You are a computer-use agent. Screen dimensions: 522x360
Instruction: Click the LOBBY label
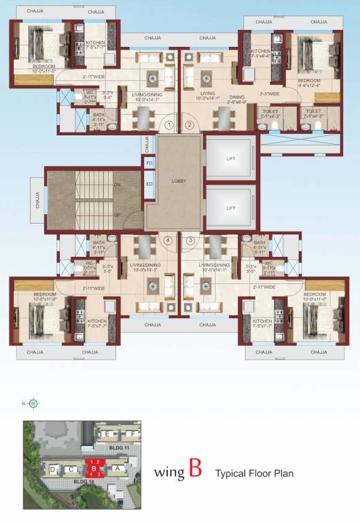(x=179, y=181)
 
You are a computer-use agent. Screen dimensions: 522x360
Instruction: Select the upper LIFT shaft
(x=230, y=158)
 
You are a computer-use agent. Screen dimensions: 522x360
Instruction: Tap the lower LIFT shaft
(x=230, y=208)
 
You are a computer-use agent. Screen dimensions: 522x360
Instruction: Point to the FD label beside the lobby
(x=149, y=164)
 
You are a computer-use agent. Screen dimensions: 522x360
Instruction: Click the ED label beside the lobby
(x=149, y=183)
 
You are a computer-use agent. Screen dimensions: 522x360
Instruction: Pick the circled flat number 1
(x=169, y=124)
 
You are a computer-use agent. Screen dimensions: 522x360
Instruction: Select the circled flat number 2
(x=190, y=124)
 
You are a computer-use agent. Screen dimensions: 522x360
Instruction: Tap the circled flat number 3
(x=190, y=239)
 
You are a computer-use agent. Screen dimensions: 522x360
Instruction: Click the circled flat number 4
(x=168, y=239)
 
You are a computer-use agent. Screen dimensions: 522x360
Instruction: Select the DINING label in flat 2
(x=236, y=97)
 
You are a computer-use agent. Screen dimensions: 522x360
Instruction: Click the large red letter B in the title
(x=195, y=470)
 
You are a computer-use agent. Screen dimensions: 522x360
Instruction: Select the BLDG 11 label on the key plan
(x=109, y=448)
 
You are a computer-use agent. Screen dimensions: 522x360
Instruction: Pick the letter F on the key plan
(x=134, y=433)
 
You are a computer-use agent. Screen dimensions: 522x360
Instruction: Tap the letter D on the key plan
(x=52, y=469)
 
